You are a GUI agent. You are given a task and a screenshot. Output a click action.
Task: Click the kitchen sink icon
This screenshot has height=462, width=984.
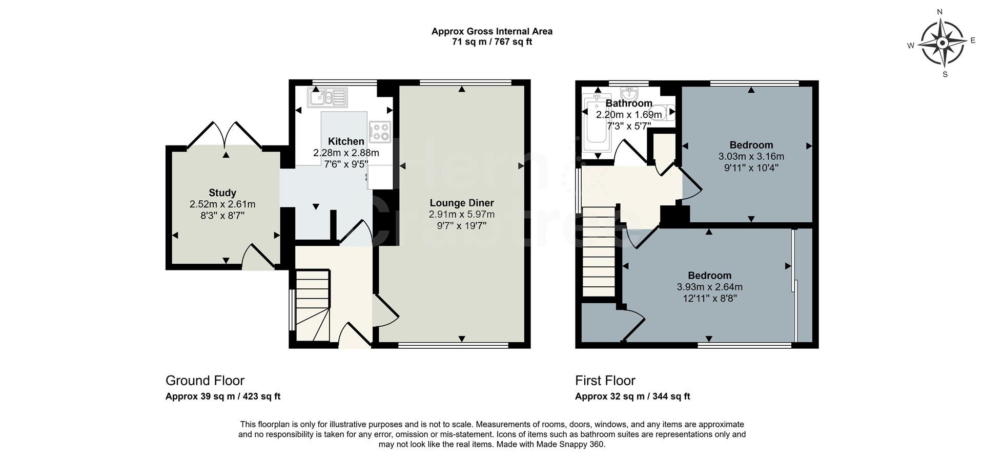327,97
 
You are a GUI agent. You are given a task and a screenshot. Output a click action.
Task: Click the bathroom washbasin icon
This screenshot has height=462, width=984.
628,94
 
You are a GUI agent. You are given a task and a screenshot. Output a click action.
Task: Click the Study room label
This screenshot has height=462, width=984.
222,193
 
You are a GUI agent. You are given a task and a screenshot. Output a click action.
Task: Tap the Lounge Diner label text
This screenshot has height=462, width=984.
461,203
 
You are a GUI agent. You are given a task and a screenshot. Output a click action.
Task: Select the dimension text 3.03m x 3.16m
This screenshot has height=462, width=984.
751,156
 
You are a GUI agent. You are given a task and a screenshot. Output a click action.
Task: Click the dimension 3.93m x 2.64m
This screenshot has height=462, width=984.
709,287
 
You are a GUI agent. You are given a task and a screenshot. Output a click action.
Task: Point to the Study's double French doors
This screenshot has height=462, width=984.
225,134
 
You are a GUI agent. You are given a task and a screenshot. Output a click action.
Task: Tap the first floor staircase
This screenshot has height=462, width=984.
599,251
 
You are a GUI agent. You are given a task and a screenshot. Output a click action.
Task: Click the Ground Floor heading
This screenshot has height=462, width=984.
204,381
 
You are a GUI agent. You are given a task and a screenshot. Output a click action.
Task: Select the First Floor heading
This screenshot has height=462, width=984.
605,381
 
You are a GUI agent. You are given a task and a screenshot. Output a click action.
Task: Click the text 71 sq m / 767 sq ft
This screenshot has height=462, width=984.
491,42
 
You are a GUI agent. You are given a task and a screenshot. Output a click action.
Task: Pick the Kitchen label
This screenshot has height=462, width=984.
346,141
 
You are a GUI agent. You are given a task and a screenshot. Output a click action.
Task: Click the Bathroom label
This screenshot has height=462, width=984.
628,103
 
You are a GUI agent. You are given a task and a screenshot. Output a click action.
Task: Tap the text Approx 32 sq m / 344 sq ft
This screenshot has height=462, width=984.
632,396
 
